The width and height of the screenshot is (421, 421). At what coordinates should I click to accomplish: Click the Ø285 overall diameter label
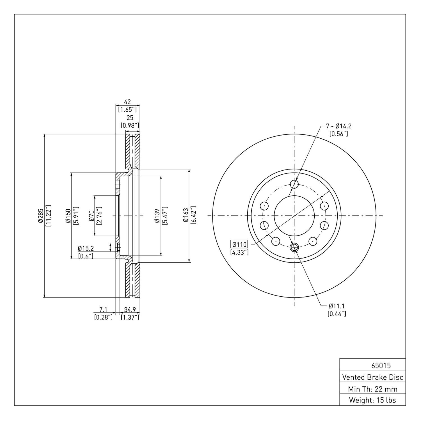41,216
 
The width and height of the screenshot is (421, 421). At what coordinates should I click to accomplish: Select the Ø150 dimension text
68,216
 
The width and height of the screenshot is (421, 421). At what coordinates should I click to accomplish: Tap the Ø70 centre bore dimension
91,216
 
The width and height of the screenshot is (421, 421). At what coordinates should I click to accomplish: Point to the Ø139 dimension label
157,216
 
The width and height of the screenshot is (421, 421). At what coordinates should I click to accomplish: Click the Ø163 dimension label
186,216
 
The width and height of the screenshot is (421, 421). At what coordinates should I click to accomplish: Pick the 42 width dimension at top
127,102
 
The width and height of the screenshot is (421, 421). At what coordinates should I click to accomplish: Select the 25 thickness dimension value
130,118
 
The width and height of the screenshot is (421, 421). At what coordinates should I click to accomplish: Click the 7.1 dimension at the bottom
103,310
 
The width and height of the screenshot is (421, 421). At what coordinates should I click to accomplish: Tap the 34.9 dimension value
130,310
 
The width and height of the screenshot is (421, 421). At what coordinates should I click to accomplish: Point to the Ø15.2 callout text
86,248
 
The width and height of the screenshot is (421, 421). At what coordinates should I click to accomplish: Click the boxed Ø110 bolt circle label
239,244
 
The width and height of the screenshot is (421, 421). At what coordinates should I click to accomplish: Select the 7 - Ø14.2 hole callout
339,126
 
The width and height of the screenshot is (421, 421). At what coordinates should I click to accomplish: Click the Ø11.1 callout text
337,306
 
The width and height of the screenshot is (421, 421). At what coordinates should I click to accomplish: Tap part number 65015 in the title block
381,366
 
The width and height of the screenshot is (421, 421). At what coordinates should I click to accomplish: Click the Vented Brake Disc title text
372,377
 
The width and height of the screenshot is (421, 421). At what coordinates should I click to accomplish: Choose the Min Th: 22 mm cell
372,389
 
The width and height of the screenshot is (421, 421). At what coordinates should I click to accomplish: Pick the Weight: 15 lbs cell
372,400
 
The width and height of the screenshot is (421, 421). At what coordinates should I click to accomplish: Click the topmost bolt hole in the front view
294,184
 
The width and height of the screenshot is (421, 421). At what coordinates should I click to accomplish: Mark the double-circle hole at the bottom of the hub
294,247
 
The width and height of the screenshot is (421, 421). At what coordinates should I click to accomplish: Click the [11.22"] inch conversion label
48,216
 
